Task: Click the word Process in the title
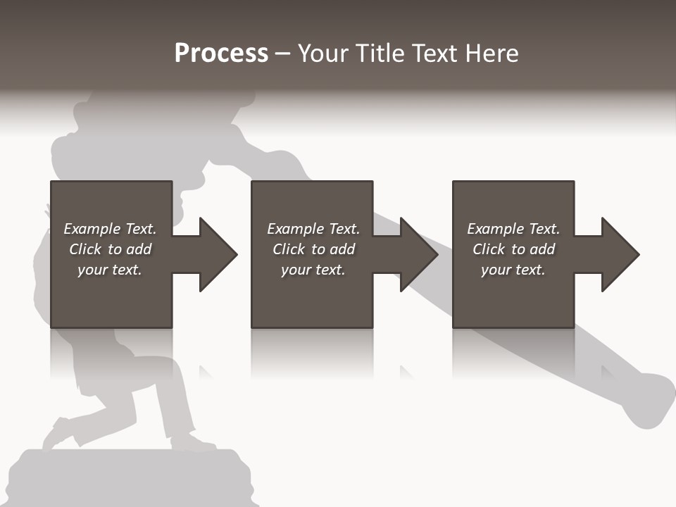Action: coord(221,54)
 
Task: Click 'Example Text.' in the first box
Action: coord(110,229)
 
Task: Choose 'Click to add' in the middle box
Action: coord(313,249)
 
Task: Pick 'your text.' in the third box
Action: coord(513,270)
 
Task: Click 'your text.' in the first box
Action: coord(110,270)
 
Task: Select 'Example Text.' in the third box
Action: coord(513,229)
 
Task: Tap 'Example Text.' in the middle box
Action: coord(313,229)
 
